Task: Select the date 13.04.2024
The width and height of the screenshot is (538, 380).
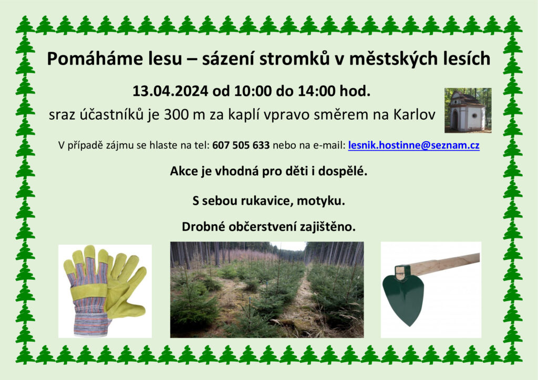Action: pyautogui.click(x=170, y=91)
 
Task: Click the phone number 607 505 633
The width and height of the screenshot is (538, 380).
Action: pyautogui.click(x=241, y=145)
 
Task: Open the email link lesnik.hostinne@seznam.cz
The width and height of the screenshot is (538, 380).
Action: pyautogui.click(x=414, y=145)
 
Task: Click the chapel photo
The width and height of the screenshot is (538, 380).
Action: pyautogui.click(x=468, y=110)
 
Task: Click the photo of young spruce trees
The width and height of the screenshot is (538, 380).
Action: pyautogui.click(x=267, y=290)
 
